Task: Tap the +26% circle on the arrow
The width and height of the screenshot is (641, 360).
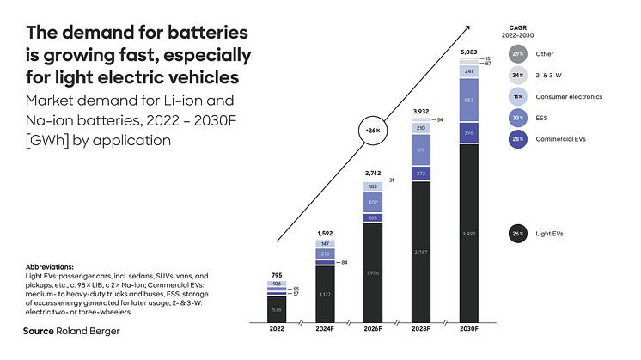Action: pyautogui.click(x=372, y=131)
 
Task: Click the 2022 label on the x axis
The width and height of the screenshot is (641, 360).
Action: pyautogui.click(x=277, y=328)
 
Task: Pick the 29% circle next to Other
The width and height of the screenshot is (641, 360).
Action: pyautogui.click(x=518, y=53)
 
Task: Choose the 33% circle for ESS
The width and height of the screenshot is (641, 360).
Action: pyautogui.click(x=518, y=118)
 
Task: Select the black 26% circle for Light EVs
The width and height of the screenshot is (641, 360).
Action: pyautogui.click(x=518, y=233)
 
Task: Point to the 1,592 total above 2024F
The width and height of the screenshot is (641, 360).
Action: pyautogui.click(x=326, y=233)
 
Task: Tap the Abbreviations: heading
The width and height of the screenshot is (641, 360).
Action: pyautogui.click(x=49, y=266)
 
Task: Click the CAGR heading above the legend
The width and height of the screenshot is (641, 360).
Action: pyautogui.click(x=517, y=28)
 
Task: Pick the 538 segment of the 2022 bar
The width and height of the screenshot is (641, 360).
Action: pyautogui.click(x=277, y=308)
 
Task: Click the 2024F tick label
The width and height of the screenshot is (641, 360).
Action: pyautogui.click(x=326, y=328)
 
